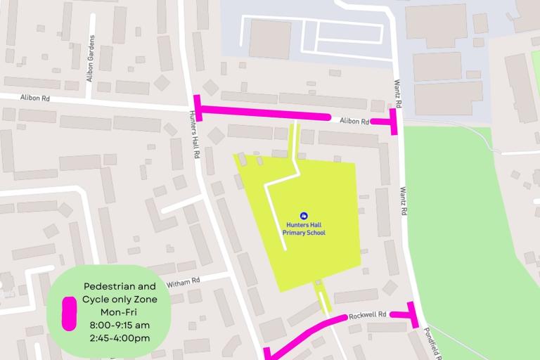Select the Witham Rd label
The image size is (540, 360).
coord(184,281)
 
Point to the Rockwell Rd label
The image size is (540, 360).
coord(368,316)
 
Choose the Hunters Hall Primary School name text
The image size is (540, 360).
coord(304,229)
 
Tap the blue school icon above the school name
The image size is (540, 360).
coord(304,215)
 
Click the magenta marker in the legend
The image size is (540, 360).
coord(69,313)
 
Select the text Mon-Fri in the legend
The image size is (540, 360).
coord(120,312)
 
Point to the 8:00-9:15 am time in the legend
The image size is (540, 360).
coord(120,325)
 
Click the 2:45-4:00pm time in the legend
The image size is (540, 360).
coord(120,338)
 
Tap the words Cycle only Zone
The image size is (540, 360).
coord(120,300)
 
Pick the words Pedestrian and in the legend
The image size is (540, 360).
coord(120,287)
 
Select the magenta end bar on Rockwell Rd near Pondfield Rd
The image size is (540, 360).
coord(413,314)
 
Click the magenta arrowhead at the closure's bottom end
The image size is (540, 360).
coord(267,353)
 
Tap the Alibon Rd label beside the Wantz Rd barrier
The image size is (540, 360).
coord(354,121)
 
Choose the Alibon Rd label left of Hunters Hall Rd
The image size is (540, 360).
coord(35,98)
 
